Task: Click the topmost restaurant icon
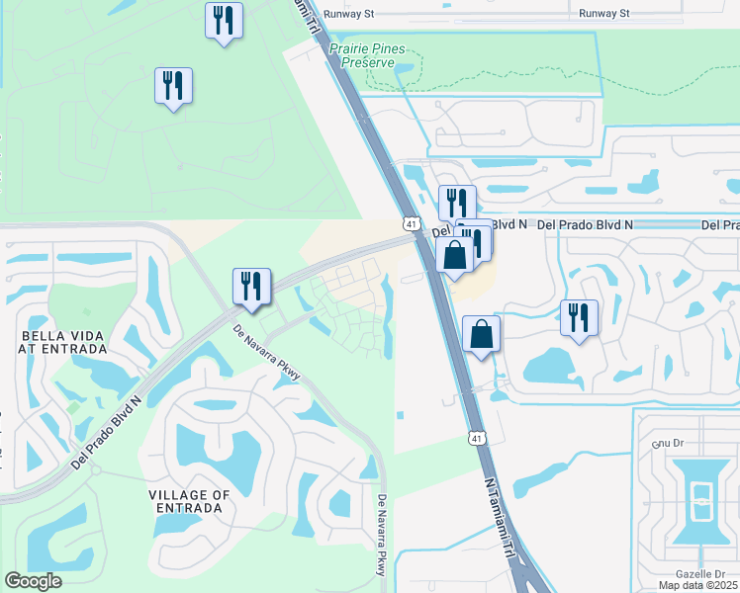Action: point(225,20)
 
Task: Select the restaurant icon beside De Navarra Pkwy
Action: point(251,287)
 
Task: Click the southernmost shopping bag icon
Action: point(481,333)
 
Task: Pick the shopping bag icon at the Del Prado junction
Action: point(454,255)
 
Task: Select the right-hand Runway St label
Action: point(604,13)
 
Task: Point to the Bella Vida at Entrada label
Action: point(63,342)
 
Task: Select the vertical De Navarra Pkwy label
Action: point(381,536)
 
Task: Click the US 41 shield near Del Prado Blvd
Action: point(410,224)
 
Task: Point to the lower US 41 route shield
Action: point(478,437)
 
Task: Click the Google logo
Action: point(33,581)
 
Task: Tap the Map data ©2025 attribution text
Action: point(698,585)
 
